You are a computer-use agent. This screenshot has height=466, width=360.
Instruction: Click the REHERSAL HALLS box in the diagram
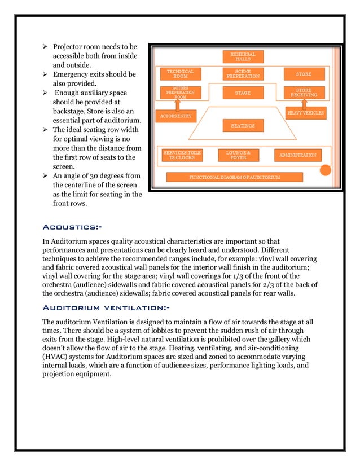tap(243, 56)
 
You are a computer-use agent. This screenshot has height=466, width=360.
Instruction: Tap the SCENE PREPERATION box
tap(243, 74)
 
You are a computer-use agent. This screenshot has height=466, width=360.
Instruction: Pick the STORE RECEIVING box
tap(304, 93)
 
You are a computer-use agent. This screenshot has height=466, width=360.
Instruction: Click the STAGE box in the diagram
tap(243, 93)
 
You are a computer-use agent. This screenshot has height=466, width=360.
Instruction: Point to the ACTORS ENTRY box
tap(176, 116)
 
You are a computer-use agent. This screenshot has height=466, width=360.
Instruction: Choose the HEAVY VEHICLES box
tap(305, 113)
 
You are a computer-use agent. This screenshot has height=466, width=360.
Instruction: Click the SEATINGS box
tap(243, 125)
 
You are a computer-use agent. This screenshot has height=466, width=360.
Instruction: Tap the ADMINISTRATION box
tap(298, 155)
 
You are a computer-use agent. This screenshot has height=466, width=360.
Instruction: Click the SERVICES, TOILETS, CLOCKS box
tap(182, 155)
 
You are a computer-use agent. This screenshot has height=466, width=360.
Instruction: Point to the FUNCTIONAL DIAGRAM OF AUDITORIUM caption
tap(235, 177)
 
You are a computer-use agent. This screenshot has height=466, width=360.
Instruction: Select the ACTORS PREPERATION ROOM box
tap(181, 93)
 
